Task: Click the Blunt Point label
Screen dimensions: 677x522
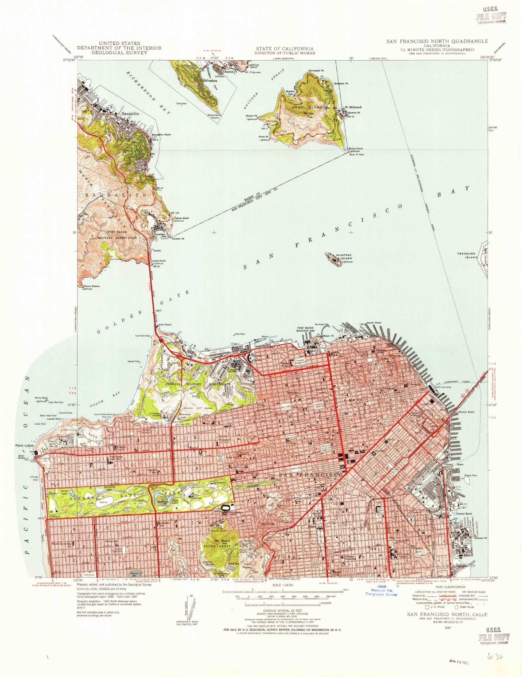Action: click(x=356, y=149)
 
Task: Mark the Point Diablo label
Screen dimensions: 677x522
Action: click(x=92, y=286)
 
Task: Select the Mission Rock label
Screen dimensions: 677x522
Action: click(x=470, y=475)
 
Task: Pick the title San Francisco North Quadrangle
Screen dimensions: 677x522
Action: click(x=437, y=41)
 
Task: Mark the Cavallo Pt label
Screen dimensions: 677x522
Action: click(x=178, y=239)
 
